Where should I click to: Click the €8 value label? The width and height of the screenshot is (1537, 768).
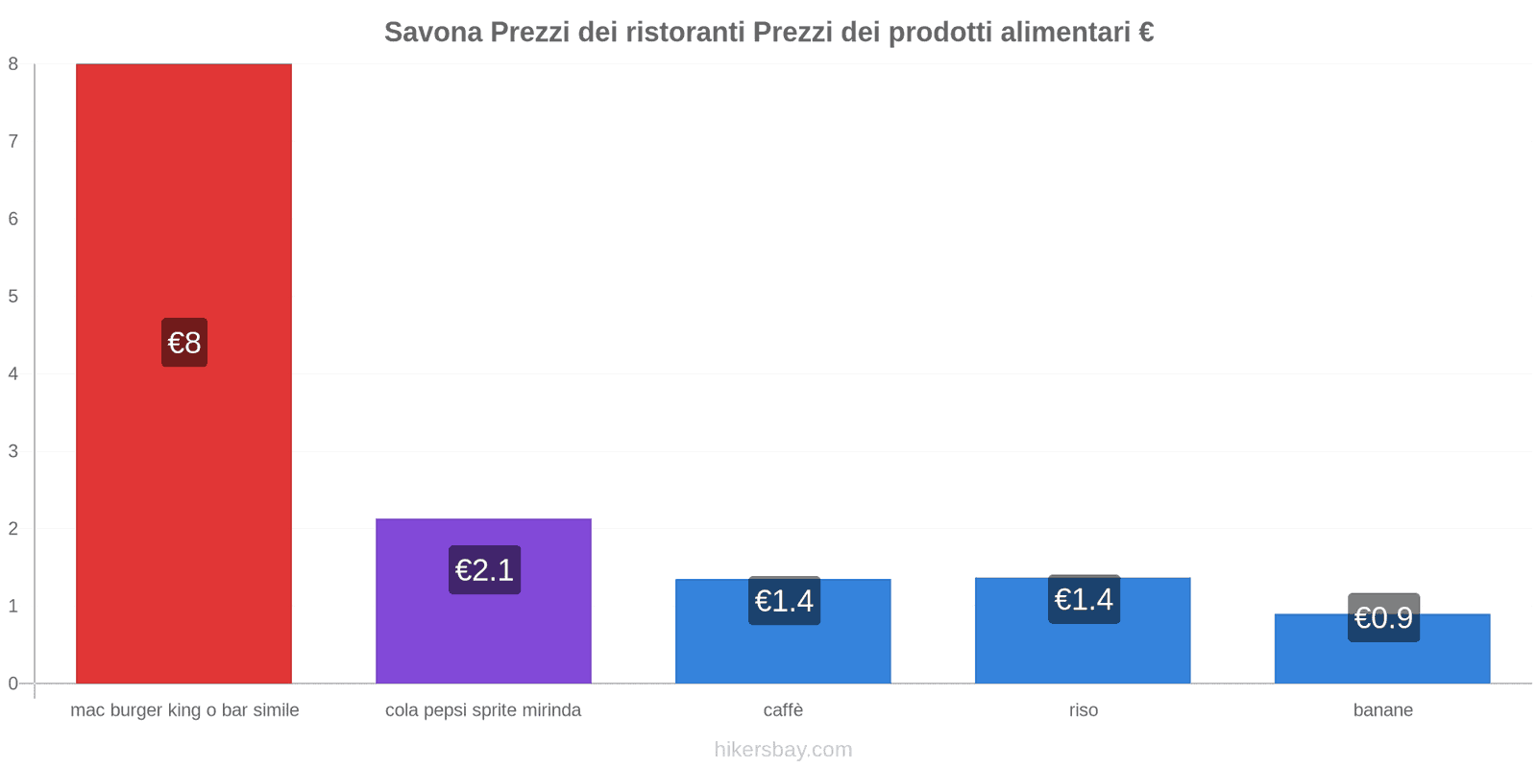pos(184,343)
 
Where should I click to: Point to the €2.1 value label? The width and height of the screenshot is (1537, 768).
pos(484,570)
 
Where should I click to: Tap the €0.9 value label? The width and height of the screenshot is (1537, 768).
pos(1383,617)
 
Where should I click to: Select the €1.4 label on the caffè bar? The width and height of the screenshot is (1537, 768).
pos(784,601)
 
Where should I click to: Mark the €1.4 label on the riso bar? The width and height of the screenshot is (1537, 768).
pos(1084,599)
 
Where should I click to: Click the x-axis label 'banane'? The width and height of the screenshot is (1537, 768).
pos(1382,710)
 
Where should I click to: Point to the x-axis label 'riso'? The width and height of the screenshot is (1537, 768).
pos(1083,710)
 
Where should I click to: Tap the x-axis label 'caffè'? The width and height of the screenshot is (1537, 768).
pos(783,710)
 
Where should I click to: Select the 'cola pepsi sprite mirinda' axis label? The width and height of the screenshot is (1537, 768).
pos(483,710)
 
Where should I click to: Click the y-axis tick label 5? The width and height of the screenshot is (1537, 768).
pos(13,297)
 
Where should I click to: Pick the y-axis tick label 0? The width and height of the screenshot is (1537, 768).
pos(13,684)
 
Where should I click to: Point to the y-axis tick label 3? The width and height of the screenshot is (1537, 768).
pos(13,451)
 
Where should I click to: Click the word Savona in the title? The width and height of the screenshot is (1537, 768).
pos(433,33)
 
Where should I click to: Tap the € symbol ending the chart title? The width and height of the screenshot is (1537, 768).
pos(1146,33)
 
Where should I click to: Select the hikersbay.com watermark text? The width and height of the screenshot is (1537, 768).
pos(783,750)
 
